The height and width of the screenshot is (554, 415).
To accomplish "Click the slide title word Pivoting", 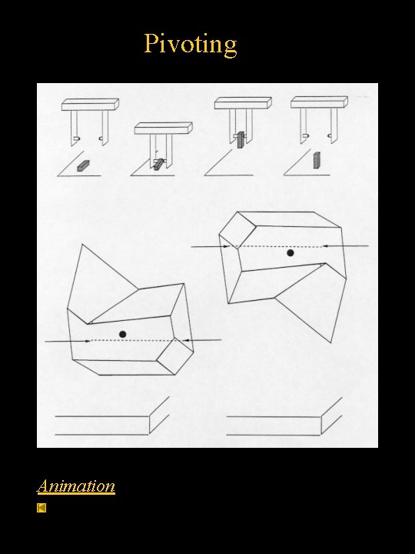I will coord(191,44).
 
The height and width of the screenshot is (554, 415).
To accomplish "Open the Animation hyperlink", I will coord(76,486).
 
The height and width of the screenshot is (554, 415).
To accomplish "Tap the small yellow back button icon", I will coord(42,508).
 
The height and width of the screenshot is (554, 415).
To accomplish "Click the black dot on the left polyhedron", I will coord(122,333).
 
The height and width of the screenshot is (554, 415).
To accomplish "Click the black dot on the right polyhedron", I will coord(290,252).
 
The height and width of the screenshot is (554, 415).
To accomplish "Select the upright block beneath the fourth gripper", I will coord(317,160).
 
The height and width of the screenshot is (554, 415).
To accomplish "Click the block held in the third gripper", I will coord(240,139).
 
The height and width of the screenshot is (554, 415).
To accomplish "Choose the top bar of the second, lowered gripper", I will coord(163,127).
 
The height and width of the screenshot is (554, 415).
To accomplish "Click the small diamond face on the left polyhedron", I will coord(175,353).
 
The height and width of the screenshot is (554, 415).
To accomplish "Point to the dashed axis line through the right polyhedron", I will coord(277,246).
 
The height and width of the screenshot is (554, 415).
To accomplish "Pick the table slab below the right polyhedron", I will coord(277,423).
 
